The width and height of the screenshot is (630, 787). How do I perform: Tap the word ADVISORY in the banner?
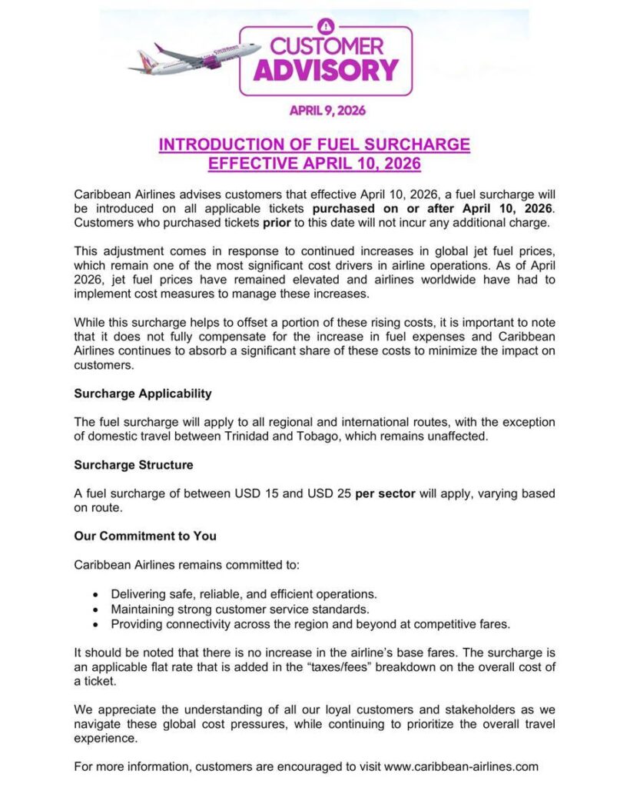point(326,70)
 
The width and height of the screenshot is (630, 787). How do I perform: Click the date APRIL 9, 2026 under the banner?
point(327,110)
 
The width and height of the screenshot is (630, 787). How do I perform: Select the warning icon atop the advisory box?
point(326,24)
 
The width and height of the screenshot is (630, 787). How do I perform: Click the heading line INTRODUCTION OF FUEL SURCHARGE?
point(314,144)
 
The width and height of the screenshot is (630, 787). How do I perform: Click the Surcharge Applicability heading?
point(142,393)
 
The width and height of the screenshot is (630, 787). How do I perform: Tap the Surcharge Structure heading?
point(134,465)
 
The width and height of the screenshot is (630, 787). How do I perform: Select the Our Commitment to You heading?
point(145,536)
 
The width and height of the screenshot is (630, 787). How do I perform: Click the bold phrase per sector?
point(385,493)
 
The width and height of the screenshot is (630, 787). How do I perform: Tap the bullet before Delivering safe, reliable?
point(94,595)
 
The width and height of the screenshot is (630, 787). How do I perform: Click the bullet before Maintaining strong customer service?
point(94,609)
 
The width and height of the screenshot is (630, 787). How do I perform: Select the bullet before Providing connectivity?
point(94,624)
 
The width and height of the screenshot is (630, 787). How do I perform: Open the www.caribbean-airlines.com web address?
point(461,766)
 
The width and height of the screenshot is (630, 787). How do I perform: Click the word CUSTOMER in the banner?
point(326,46)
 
